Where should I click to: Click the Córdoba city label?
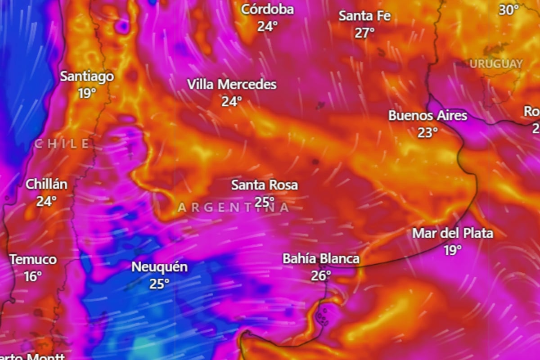point(267,9)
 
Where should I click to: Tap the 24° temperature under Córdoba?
point(267,27)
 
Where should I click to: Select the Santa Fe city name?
point(364,16)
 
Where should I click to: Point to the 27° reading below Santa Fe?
point(364,33)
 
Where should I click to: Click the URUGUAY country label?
point(496,64)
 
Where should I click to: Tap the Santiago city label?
point(87,76)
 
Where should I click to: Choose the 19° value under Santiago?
point(87,93)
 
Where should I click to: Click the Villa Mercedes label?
point(232,85)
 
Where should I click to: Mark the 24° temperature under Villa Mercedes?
point(232,102)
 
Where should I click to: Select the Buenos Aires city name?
point(427,116)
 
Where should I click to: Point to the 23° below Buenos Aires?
point(427,133)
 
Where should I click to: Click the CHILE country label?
point(62,144)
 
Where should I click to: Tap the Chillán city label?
point(46,184)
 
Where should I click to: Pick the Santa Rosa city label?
point(264,185)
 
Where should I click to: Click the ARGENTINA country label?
point(234,207)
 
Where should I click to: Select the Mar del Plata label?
point(453,234)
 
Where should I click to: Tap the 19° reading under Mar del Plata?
point(453,250)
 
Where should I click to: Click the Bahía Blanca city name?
point(321,259)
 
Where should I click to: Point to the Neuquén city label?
point(159,267)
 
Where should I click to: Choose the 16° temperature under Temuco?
point(33,276)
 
